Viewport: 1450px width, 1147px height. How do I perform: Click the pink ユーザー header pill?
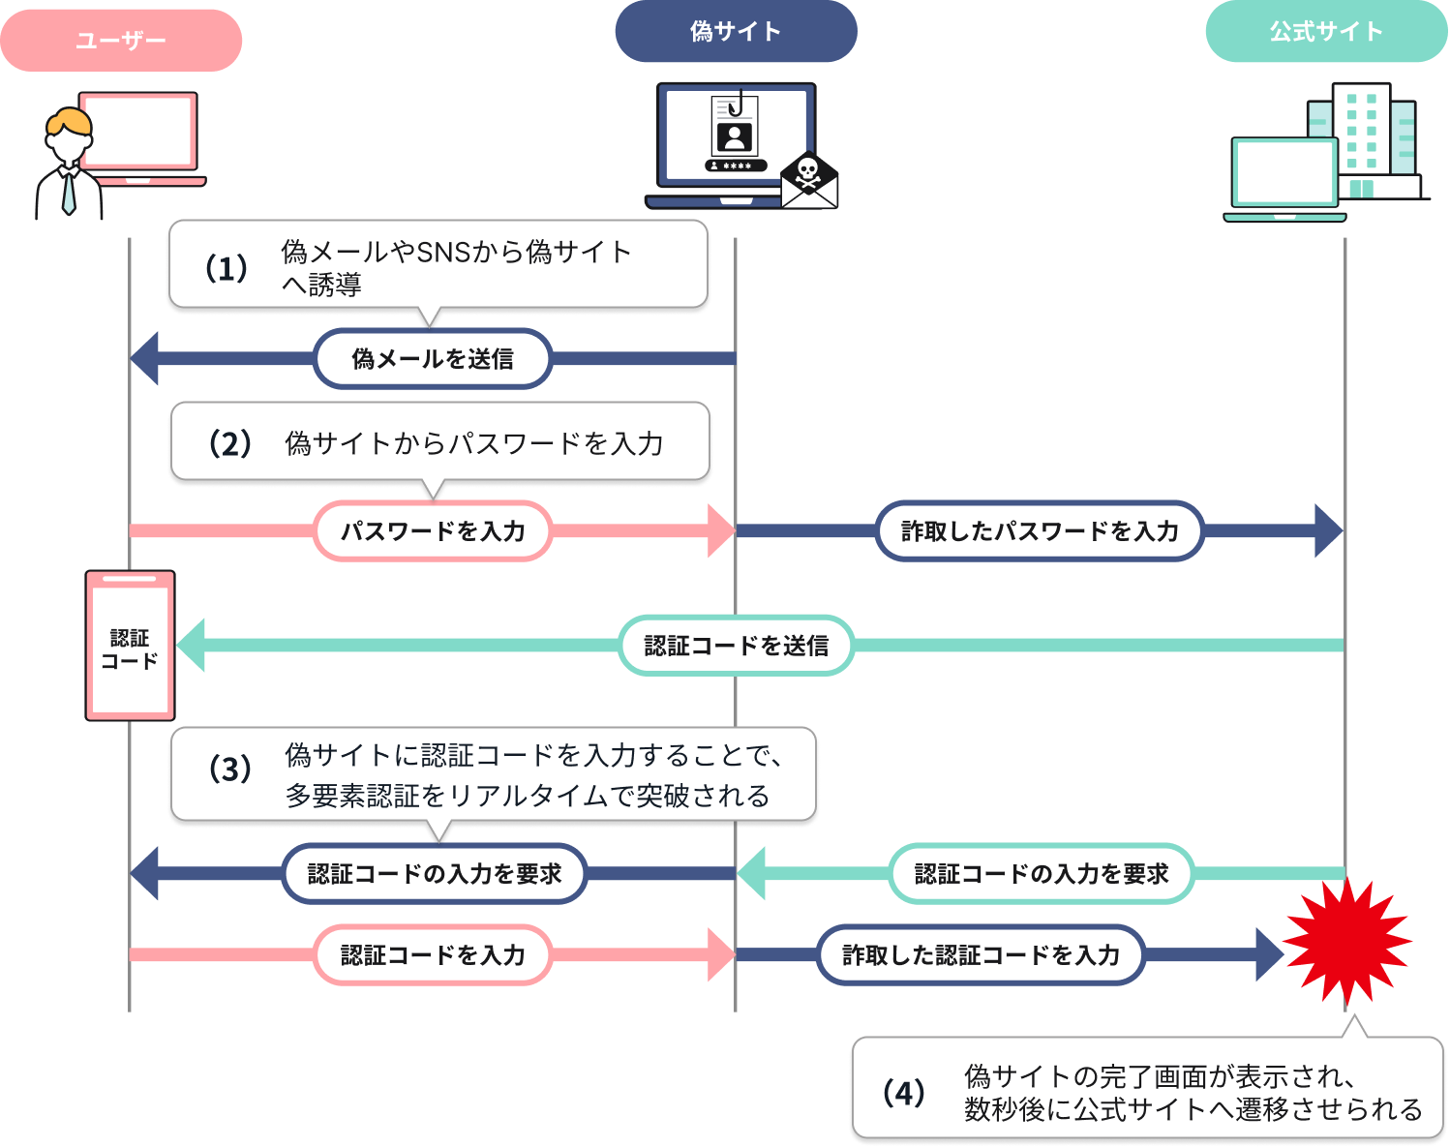[x=121, y=41]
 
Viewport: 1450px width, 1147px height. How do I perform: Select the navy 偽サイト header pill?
[x=736, y=32]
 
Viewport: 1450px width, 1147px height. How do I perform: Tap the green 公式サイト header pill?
[x=1326, y=32]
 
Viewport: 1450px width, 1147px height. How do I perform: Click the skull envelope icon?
[x=808, y=180]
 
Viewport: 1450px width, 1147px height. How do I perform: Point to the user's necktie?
[x=69, y=193]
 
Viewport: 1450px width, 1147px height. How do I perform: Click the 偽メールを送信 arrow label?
[x=433, y=359]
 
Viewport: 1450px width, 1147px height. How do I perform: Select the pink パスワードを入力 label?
[x=433, y=530]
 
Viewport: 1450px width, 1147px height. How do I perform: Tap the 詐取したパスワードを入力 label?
[x=1040, y=530]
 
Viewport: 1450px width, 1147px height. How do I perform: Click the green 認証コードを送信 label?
[x=736, y=646]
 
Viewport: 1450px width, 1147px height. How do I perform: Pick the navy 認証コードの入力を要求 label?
[x=435, y=874]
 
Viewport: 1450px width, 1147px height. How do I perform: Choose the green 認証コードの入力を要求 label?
[x=1042, y=874]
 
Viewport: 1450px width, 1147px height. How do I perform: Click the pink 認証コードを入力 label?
[x=433, y=955]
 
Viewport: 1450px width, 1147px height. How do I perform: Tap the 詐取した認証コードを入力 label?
[x=981, y=955]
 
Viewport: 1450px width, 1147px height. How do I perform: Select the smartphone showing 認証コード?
[x=130, y=646]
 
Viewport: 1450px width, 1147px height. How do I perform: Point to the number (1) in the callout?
[x=226, y=268]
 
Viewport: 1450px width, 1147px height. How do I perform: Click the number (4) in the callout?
[x=903, y=1093]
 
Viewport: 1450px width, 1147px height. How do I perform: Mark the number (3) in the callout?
[x=230, y=769]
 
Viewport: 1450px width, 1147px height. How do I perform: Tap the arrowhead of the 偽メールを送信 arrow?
[x=145, y=359]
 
